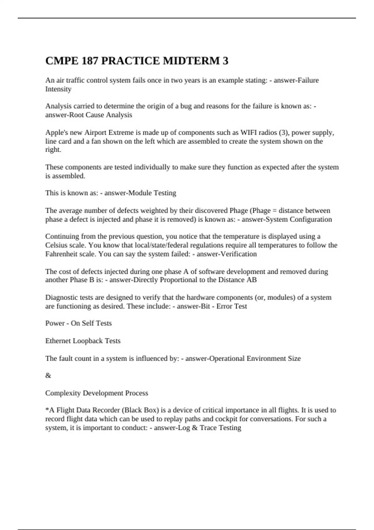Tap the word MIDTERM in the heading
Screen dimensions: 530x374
click(x=191, y=61)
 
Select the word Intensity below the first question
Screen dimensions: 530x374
click(x=58, y=89)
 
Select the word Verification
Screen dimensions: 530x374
click(x=238, y=254)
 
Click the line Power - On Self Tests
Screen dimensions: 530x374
click(x=79, y=323)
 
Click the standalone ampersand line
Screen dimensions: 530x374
click(x=48, y=376)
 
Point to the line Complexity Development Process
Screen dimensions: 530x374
click(x=97, y=393)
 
